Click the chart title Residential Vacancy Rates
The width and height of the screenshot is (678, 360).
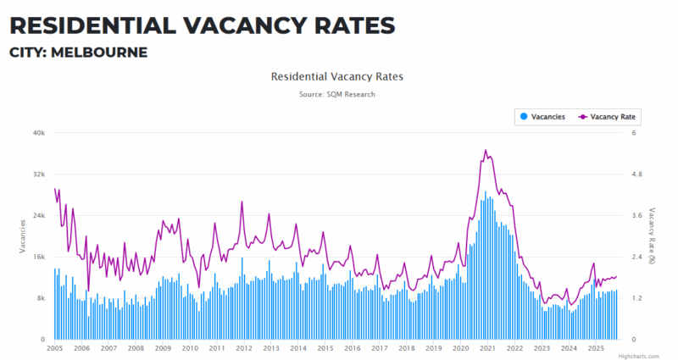[x=336, y=76]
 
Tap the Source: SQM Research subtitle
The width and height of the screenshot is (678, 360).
[x=336, y=94]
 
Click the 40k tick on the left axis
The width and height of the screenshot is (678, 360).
[x=39, y=133]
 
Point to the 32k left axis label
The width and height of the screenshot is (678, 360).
[x=39, y=174]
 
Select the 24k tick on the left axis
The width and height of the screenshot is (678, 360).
[x=39, y=216]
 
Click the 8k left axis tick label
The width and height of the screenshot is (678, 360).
[x=41, y=298]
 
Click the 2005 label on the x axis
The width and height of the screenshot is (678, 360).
[x=55, y=348]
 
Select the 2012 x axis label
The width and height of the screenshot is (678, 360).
[x=244, y=348]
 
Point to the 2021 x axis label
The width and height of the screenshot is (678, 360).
[x=488, y=348]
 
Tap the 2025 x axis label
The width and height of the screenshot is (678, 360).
[x=596, y=348]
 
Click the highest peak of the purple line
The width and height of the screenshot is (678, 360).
[x=486, y=150]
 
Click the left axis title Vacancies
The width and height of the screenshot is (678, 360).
[x=23, y=235]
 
